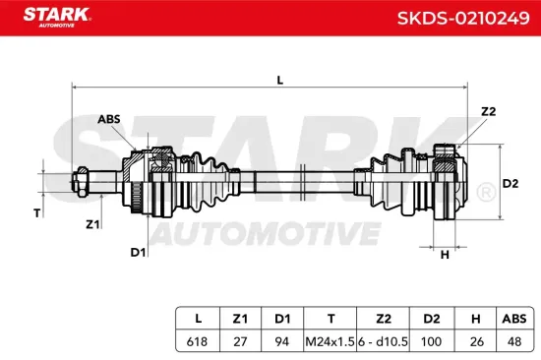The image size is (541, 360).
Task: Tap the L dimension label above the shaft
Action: pos(279,81)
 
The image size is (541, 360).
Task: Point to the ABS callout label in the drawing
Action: pos(109,120)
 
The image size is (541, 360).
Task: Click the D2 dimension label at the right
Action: pos(511,184)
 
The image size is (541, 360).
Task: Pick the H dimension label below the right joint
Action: pos(445,255)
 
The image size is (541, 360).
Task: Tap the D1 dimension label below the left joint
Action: pos(139,253)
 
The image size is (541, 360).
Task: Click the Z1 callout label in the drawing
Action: pos(92,224)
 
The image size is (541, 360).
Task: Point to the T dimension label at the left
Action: pos(37,212)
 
